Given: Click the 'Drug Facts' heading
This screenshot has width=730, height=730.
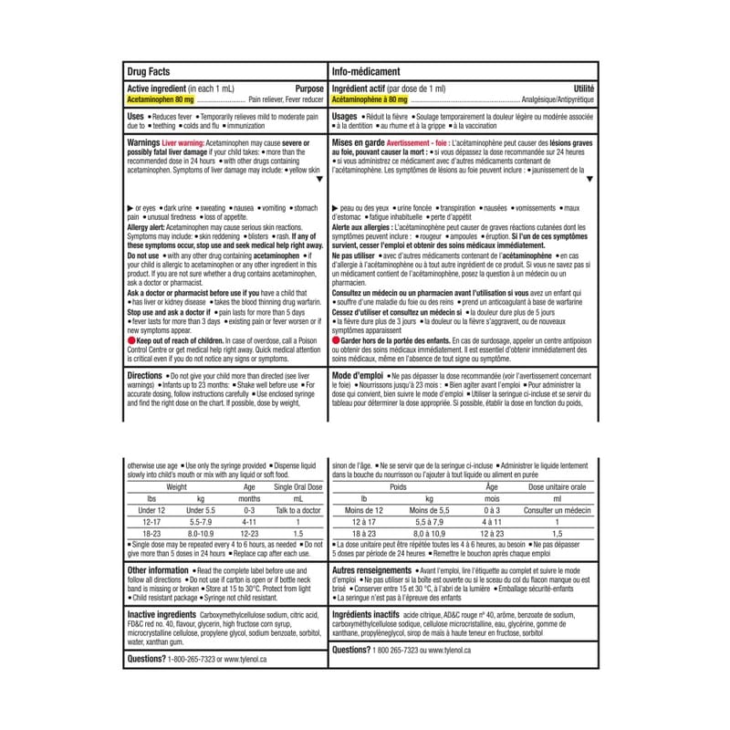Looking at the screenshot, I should tap(151, 70).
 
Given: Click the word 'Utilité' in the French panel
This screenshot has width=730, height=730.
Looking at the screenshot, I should tap(582, 88).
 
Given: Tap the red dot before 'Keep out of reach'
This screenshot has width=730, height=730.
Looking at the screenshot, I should tap(130, 338).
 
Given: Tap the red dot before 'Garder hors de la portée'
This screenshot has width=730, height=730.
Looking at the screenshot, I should tap(338, 338).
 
